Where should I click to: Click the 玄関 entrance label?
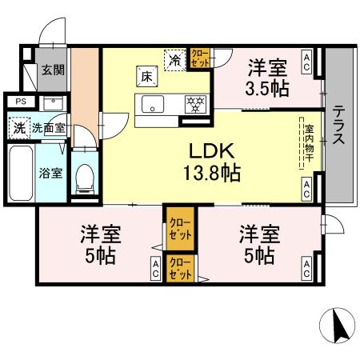pos(54,70)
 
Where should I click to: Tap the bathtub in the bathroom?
pos(20,171)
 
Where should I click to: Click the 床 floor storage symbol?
pos(147,78)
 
